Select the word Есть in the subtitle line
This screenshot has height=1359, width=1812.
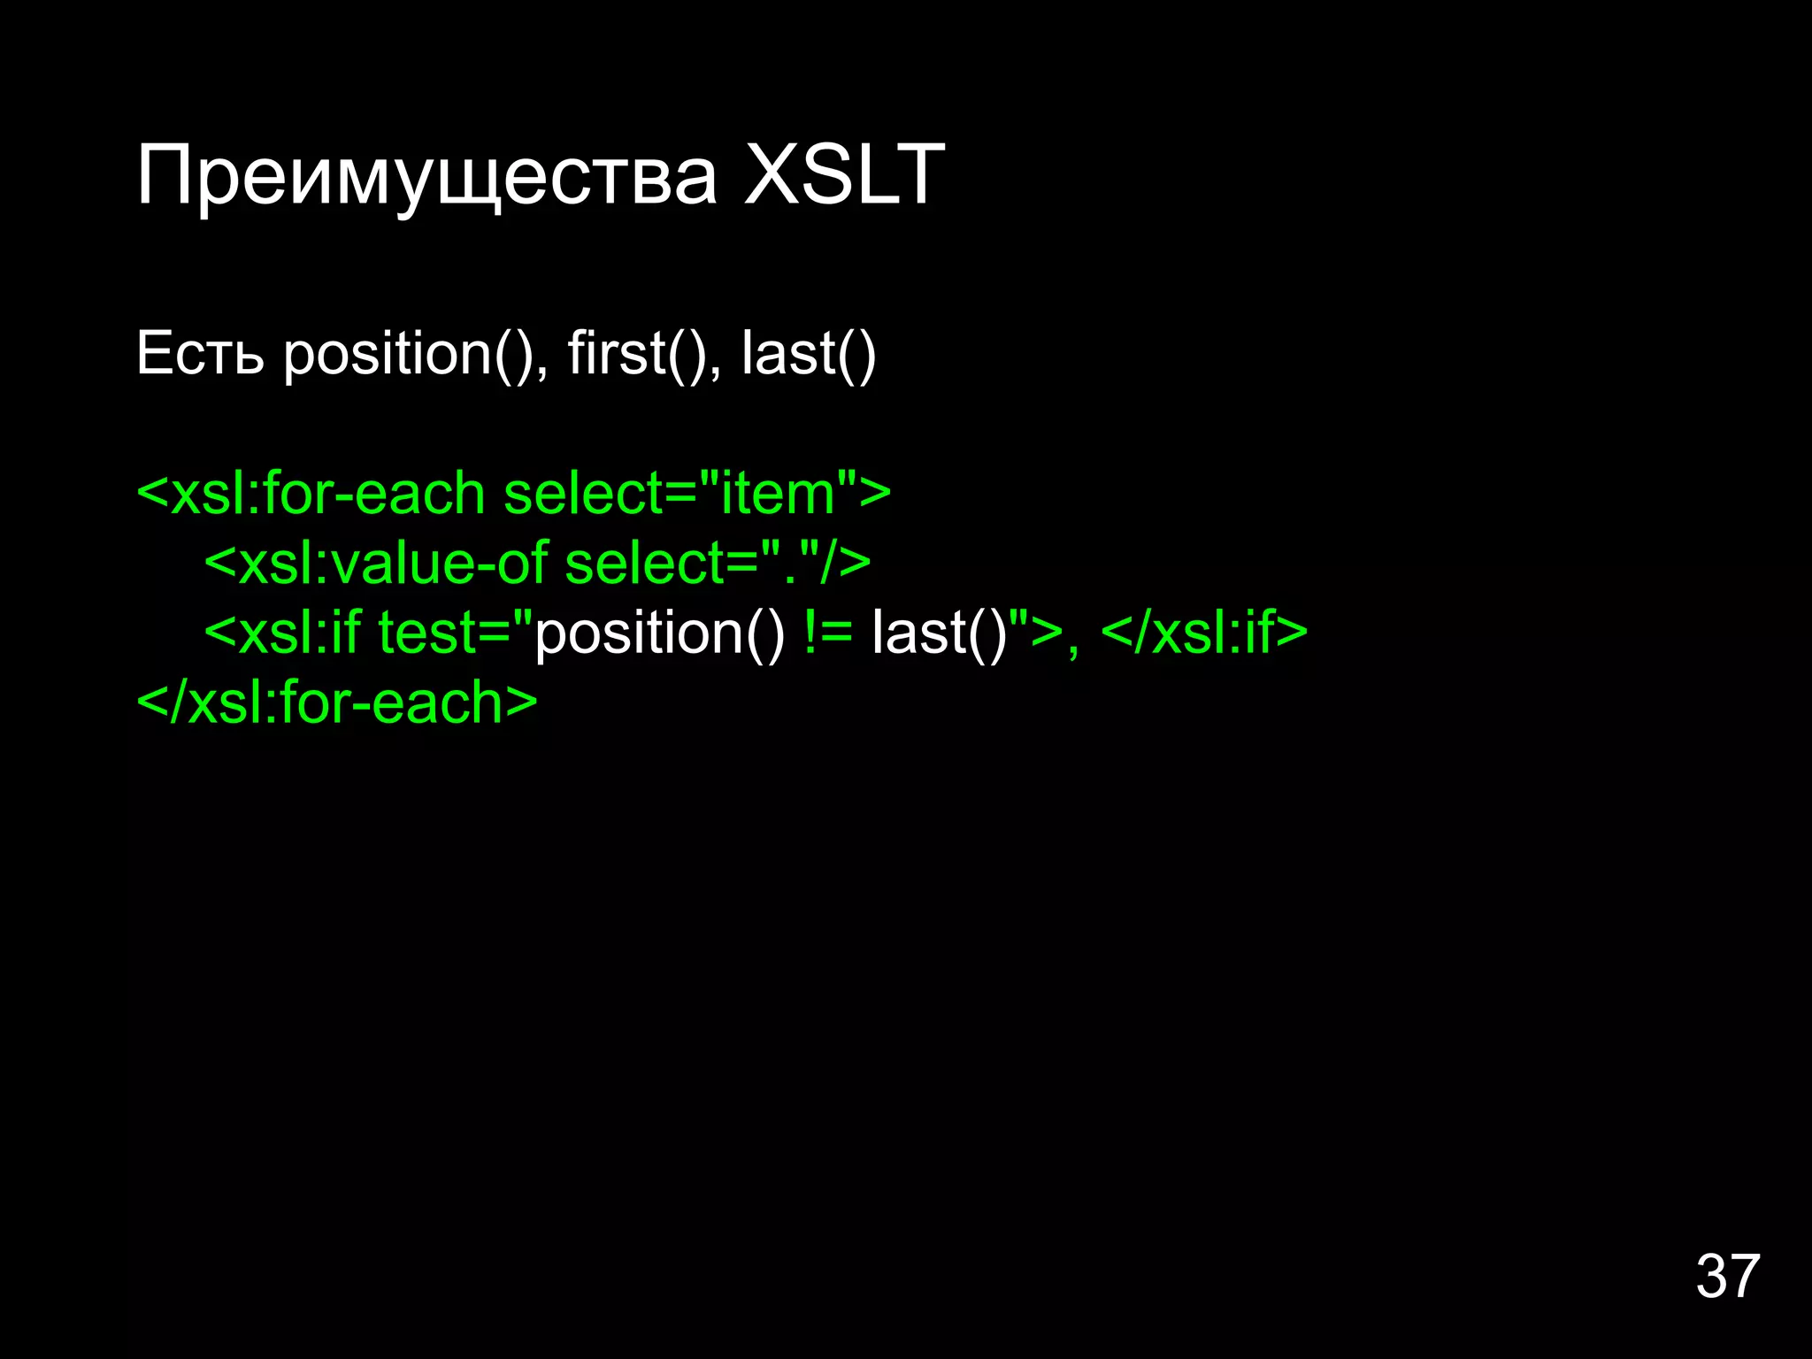(200, 353)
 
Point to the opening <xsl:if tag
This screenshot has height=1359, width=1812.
(282, 633)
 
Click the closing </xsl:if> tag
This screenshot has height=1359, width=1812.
(1204, 633)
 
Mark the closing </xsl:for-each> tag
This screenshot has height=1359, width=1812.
(337, 703)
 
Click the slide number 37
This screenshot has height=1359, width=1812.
(1727, 1276)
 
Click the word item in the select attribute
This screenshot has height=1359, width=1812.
(778, 493)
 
